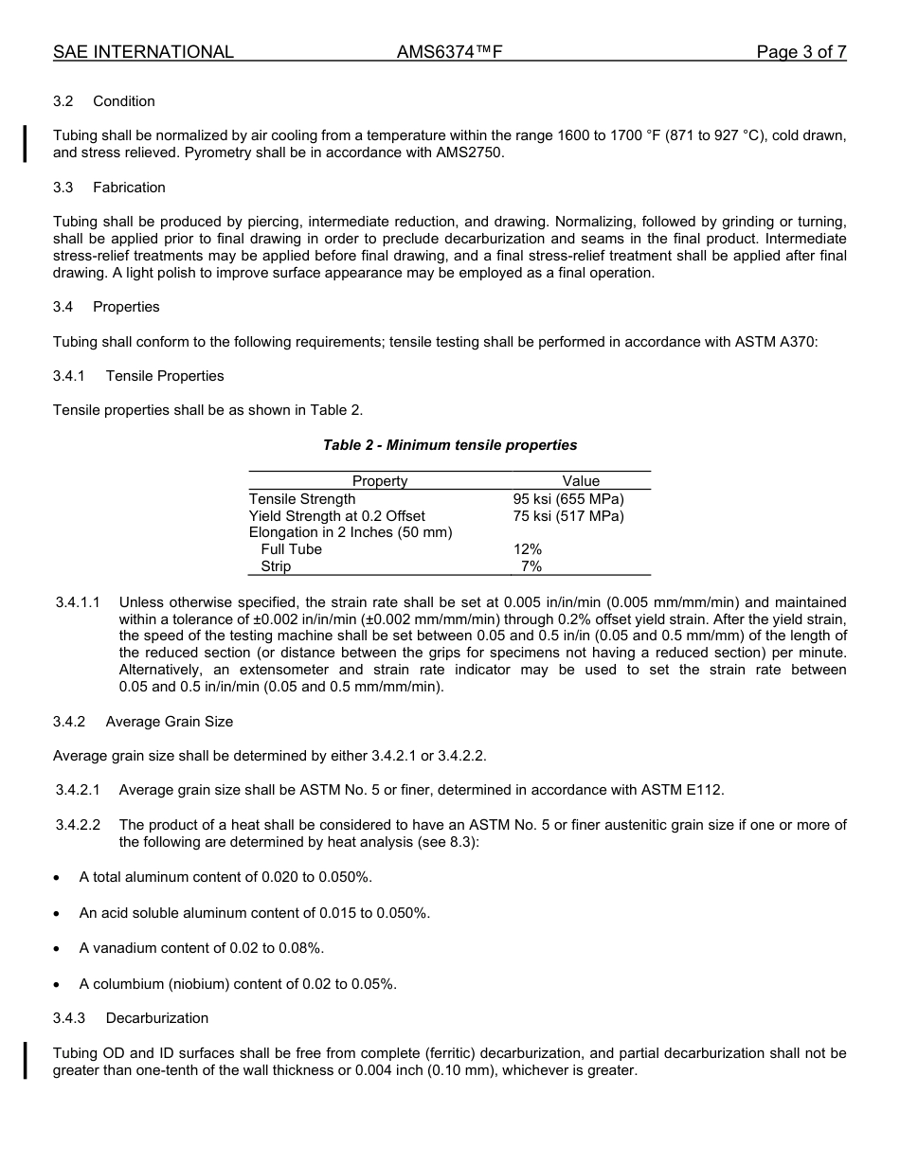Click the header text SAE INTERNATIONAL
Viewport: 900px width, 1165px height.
tap(143, 52)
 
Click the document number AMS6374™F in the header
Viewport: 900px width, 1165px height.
tap(449, 52)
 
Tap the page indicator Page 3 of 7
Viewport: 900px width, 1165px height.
tap(801, 52)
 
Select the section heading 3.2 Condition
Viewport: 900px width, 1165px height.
tap(104, 101)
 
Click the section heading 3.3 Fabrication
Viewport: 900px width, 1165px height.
tap(109, 188)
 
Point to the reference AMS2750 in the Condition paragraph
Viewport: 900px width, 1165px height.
tap(470, 152)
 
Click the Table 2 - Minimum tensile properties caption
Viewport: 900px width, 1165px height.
tap(449, 445)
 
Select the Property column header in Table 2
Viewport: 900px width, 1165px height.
tap(380, 481)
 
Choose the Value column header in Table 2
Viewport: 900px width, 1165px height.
tap(581, 481)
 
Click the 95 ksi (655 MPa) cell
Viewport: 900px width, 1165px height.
tap(568, 499)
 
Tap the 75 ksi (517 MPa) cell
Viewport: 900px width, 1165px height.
tap(568, 516)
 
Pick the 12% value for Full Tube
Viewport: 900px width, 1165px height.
tap(528, 549)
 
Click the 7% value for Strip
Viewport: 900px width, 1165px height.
tap(531, 566)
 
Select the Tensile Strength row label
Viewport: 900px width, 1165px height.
tap(302, 499)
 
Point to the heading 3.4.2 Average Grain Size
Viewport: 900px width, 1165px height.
tap(143, 722)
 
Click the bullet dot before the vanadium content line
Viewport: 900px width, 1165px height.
tap(59, 949)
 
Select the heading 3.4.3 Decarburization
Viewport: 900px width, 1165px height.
tap(131, 1018)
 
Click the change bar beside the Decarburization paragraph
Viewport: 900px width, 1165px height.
tap(26, 1061)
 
